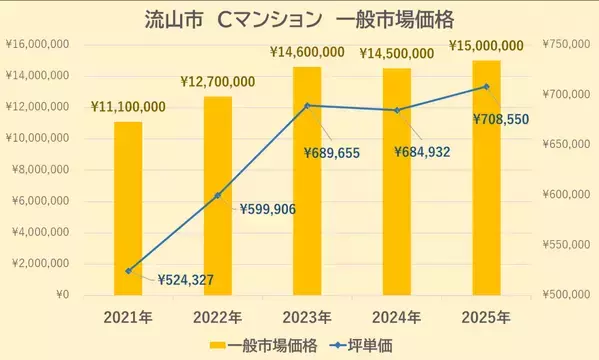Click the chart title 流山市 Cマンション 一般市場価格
(299, 19)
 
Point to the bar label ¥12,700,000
(218, 81)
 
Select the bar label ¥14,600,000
(308, 52)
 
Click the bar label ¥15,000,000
(487, 45)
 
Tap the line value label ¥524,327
(192, 280)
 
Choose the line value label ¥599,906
(275, 209)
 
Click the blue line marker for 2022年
(217, 195)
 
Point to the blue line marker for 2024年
(397, 110)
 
